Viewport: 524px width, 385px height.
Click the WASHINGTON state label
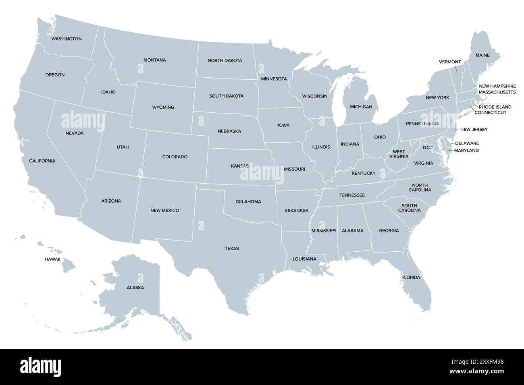67,39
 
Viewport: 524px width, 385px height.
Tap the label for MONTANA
154,60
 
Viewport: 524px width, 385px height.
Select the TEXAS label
232,248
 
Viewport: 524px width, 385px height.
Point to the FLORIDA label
411,277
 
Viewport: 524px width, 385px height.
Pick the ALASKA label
135,288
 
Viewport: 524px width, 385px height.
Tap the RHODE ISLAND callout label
495,107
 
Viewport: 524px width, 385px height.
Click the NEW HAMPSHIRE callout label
497,86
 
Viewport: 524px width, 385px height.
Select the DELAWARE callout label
467,143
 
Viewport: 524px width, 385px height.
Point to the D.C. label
426,147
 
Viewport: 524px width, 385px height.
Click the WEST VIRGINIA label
399,154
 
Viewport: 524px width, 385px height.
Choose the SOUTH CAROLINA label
409,208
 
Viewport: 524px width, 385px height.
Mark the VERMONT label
449,62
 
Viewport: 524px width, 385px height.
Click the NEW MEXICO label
164,211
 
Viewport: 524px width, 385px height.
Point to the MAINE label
482,55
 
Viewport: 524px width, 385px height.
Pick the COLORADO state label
175,157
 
